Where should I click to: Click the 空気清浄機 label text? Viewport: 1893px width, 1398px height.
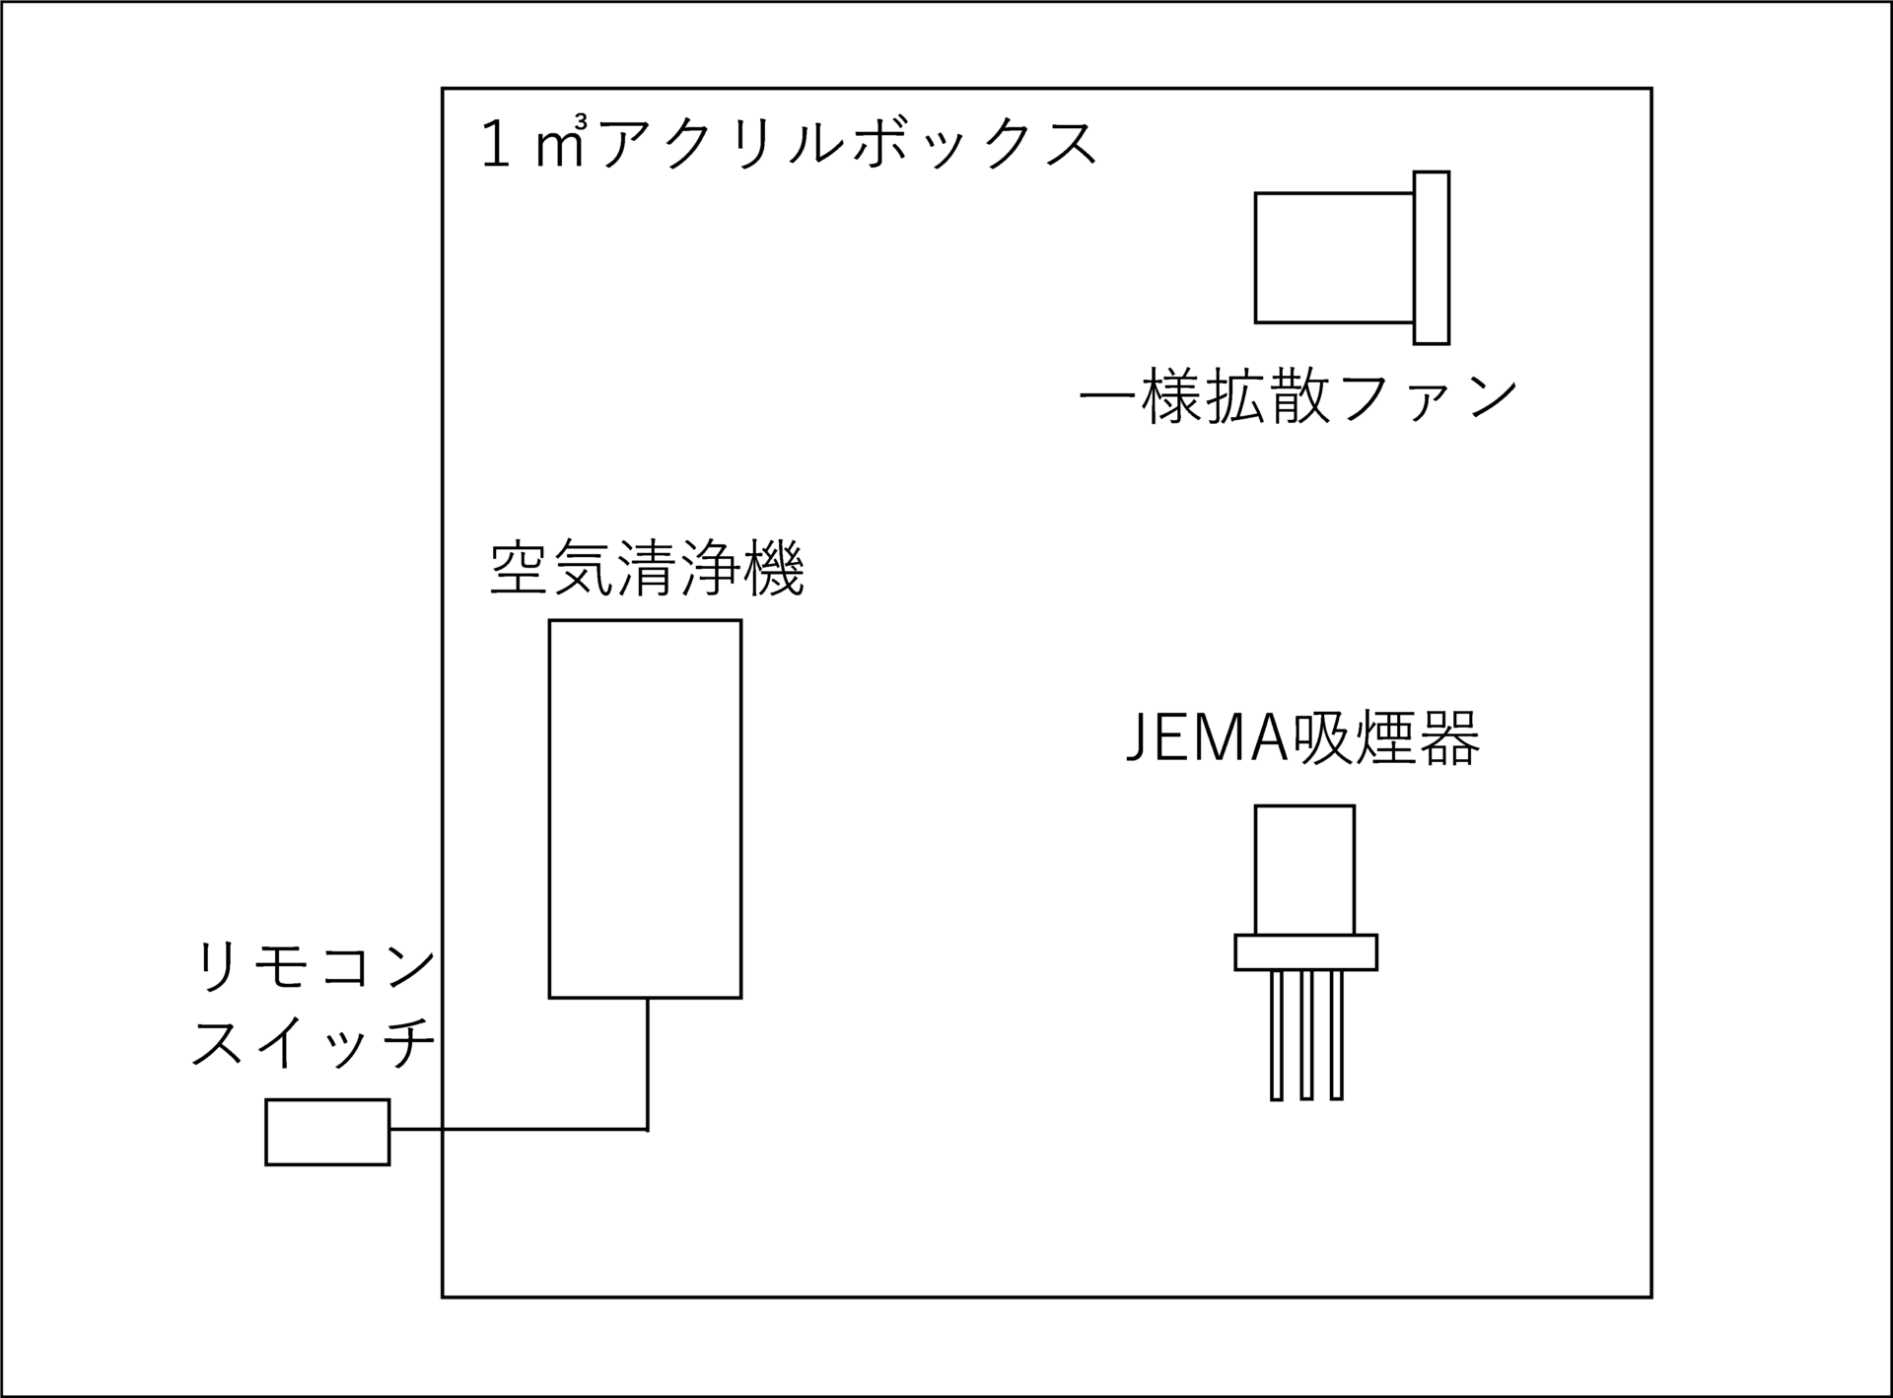point(647,569)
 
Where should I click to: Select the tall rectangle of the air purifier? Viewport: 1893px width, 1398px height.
point(645,808)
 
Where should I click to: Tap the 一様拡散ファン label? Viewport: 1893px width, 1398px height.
point(1298,399)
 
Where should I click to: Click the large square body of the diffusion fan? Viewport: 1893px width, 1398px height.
point(1333,257)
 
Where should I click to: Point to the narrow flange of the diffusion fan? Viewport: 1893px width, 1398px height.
point(1432,257)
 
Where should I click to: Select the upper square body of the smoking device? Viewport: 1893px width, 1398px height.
point(1304,870)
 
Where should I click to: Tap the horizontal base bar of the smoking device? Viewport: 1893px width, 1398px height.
point(1305,952)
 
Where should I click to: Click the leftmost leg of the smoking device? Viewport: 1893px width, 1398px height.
point(1277,1035)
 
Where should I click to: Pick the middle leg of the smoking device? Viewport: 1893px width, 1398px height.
point(1306,1035)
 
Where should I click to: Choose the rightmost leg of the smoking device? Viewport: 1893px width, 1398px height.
point(1336,1035)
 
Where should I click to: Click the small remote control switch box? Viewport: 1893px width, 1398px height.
point(327,1132)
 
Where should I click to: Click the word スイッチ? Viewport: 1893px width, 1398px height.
point(314,1044)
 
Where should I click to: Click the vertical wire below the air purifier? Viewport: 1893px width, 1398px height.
point(647,1063)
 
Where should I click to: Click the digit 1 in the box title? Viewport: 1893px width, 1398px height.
point(496,146)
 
